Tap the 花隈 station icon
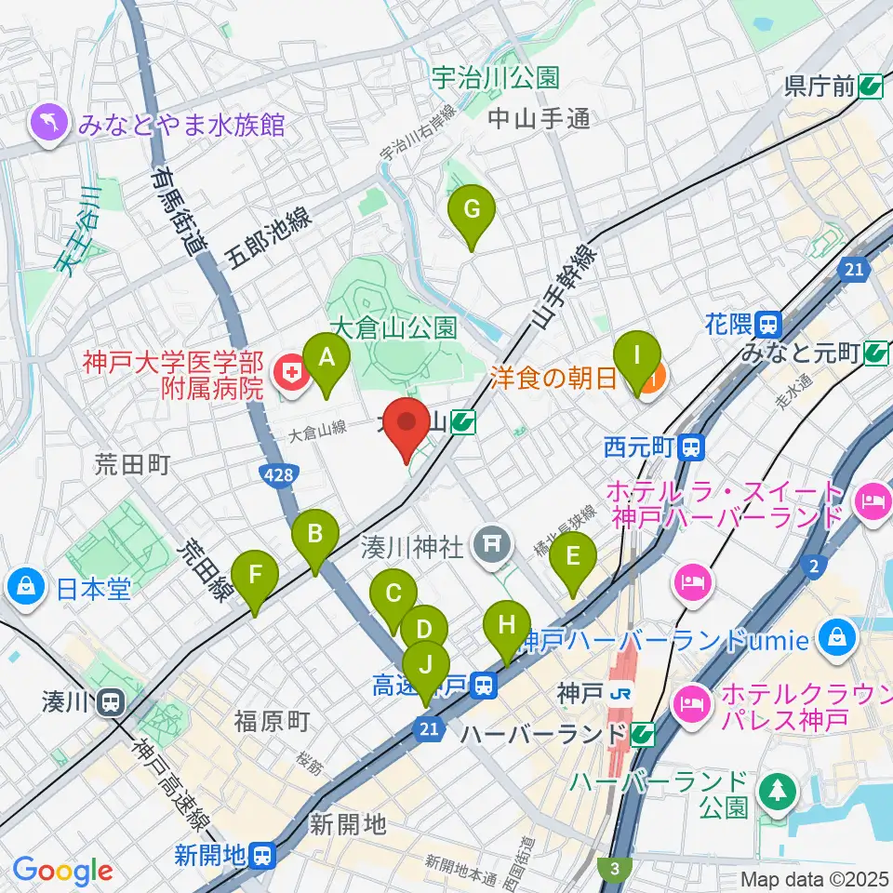tap(768, 325)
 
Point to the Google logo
tap(62, 872)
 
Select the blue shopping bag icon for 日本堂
tap(23, 587)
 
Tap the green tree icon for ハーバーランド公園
tap(774, 793)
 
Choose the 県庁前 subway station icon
tap(872, 87)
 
